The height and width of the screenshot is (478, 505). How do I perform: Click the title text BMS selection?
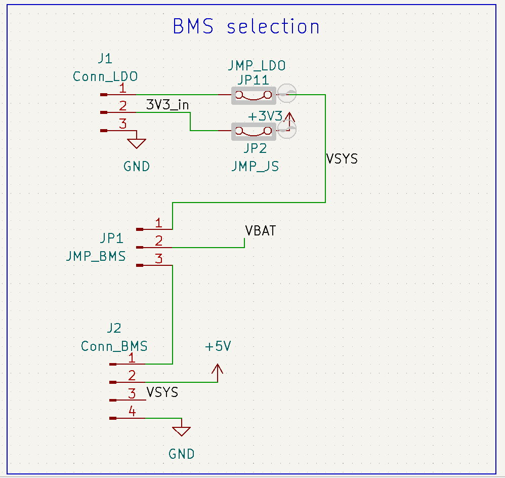click(x=246, y=26)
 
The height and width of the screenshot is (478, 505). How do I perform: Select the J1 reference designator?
click(x=105, y=59)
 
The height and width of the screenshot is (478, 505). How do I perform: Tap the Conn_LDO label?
click(x=105, y=76)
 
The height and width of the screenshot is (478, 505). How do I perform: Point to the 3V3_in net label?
click(x=167, y=105)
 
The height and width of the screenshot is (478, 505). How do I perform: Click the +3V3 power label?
click(x=265, y=116)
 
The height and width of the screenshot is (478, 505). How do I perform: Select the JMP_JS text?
click(x=255, y=166)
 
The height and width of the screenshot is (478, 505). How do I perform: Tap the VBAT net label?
click(x=261, y=231)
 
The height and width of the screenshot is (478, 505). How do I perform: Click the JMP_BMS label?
click(x=96, y=256)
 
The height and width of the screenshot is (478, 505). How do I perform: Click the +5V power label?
click(x=218, y=347)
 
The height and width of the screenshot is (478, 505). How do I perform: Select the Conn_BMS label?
click(x=114, y=346)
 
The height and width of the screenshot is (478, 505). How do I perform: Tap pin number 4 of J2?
click(x=132, y=411)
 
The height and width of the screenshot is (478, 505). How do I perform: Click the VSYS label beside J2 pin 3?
click(x=162, y=392)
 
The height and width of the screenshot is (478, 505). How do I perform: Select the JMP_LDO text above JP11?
click(x=257, y=65)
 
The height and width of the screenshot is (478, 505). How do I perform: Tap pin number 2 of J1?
click(x=123, y=106)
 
